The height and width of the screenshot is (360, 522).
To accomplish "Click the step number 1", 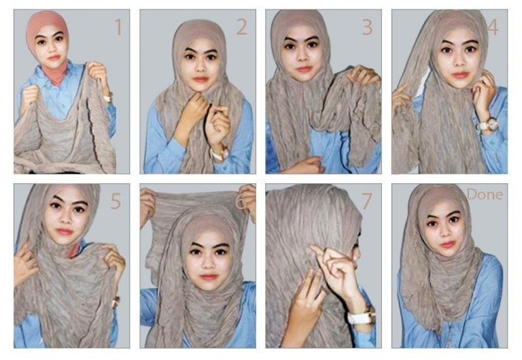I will coord(118,28).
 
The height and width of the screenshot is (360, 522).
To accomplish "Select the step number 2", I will coord(241,28).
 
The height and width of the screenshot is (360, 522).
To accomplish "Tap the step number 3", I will coord(367,28).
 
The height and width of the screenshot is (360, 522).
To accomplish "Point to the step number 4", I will coord(493,29).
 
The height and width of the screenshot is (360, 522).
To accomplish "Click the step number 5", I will coord(116,202).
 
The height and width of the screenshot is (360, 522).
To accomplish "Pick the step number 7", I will coord(367,202).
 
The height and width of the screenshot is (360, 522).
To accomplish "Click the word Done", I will coord(485,195).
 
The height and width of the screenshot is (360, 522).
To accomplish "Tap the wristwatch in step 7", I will coord(360,316).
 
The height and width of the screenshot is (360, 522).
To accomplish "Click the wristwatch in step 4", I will coord(487,125).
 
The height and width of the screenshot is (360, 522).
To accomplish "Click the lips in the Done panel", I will coord(447,244).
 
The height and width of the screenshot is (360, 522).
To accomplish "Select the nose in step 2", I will coord(199,68).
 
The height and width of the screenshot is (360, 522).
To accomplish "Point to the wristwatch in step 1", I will coord(107,97).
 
